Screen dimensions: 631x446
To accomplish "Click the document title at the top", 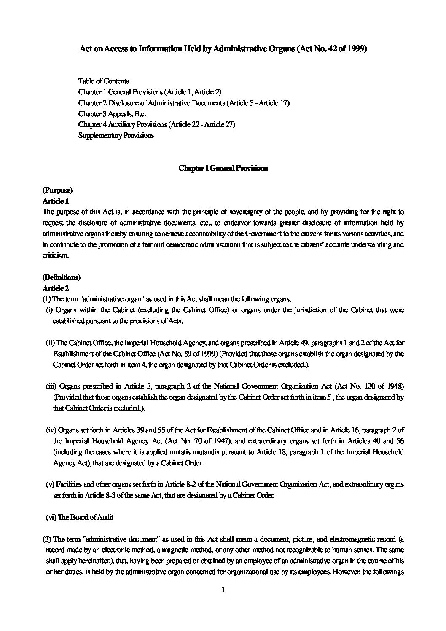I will click(x=223, y=49).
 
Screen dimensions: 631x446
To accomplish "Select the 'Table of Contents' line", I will click(x=104, y=81).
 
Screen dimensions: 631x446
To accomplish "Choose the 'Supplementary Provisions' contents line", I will click(x=116, y=135).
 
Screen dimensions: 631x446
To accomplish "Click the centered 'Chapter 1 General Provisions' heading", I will click(x=223, y=168).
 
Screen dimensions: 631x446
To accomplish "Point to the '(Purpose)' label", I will click(x=58, y=191).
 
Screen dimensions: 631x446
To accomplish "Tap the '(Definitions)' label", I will click(x=62, y=277).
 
